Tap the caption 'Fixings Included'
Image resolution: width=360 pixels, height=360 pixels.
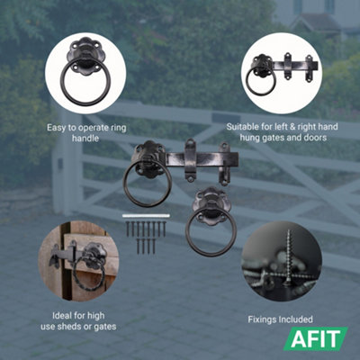pyautogui.click(x=280, y=319)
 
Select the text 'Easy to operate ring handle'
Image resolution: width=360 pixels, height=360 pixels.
pyautogui.click(x=85, y=133)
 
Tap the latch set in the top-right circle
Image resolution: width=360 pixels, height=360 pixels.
pyautogui.click(x=281, y=72)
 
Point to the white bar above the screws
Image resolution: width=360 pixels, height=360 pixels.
pyautogui.click(x=145, y=217)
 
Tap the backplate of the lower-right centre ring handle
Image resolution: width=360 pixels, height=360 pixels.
pyautogui.click(x=211, y=200)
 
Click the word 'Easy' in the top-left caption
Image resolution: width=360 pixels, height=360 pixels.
pyautogui.click(x=57, y=128)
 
